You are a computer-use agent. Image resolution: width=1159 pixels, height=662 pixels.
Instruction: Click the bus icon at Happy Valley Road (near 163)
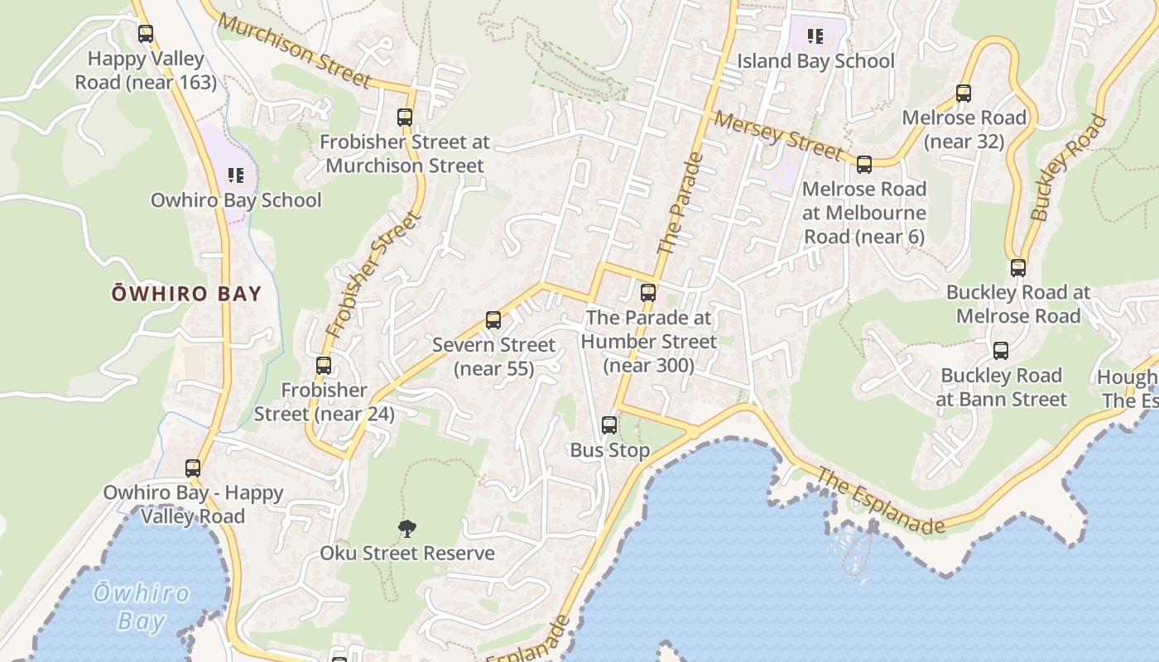[x=146, y=34]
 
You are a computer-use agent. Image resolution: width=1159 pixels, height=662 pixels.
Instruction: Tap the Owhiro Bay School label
[x=236, y=200]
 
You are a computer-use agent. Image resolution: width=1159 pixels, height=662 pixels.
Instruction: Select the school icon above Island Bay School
[x=815, y=36]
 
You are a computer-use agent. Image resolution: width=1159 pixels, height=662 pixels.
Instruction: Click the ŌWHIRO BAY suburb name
[x=187, y=294]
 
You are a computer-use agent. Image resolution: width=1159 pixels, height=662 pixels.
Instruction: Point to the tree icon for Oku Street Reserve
[x=407, y=528]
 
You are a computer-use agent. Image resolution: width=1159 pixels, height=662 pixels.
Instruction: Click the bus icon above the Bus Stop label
[x=609, y=425]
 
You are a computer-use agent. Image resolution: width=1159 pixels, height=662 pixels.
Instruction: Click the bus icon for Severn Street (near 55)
[x=493, y=319]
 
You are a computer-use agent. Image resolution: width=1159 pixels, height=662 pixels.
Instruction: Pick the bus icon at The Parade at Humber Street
[x=648, y=292]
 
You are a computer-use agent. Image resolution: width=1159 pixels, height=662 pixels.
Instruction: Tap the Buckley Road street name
[x=1069, y=168]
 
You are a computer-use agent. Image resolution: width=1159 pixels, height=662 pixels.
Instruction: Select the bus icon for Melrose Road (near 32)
[x=964, y=93]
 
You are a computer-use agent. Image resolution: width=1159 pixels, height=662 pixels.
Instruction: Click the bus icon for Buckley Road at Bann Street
[x=1001, y=351]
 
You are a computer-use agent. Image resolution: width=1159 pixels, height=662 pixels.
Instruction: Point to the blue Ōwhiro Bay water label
[x=141, y=607]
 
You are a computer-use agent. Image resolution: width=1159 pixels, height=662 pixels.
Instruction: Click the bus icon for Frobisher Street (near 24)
[x=324, y=365]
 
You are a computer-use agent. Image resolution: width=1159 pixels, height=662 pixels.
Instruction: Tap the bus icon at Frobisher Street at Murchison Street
[x=405, y=118]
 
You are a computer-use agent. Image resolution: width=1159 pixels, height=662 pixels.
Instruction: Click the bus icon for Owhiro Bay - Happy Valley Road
[x=193, y=468]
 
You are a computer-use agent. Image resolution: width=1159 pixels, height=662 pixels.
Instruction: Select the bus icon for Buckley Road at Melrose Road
[x=1018, y=268]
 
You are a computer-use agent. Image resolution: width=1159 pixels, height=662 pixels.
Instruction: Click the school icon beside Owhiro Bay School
[x=236, y=175]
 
